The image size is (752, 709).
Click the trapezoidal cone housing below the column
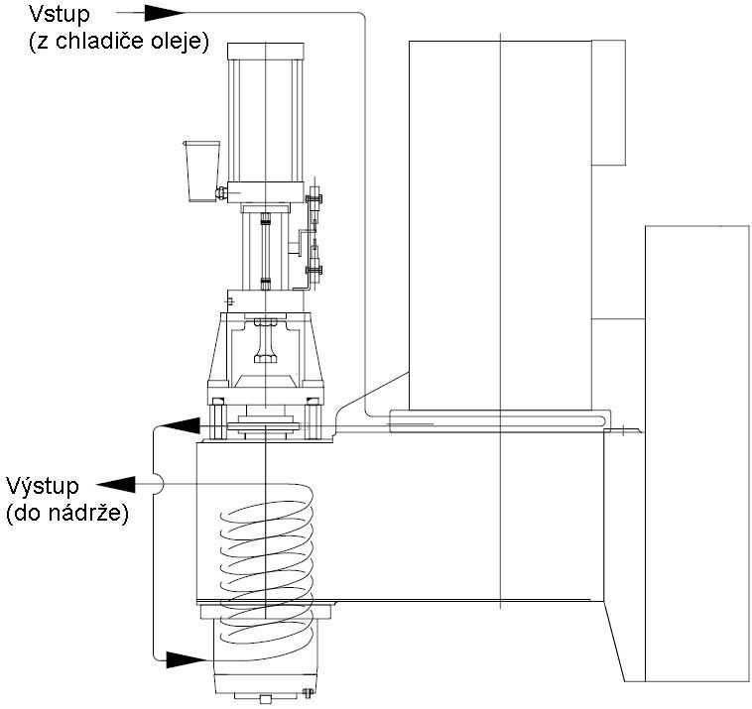(x=265, y=347)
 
